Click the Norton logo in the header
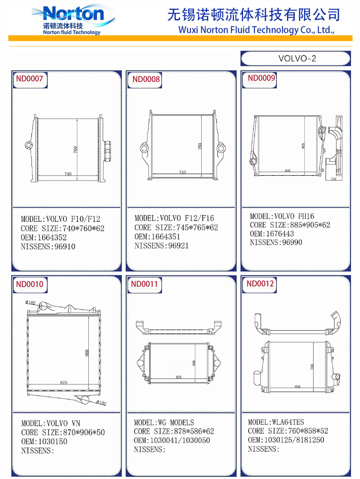tap(74, 20)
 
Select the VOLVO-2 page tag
tap(297, 58)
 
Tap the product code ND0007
tap(29, 79)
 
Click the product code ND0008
tap(146, 79)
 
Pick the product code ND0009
tap(261, 78)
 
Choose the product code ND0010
tap(29, 284)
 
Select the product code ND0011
tap(144, 284)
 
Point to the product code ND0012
tap(260, 284)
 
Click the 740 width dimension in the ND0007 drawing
tap(68, 174)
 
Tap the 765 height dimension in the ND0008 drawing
tap(200, 146)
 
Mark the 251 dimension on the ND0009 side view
tap(334, 179)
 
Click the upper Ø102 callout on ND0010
tap(30, 302)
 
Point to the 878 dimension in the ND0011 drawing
tap(178, 377)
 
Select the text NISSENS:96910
tap(48, 247)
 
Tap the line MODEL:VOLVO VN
tap(51, 423)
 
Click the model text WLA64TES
tap(288, 422)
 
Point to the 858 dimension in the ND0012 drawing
tap(297, 386)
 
